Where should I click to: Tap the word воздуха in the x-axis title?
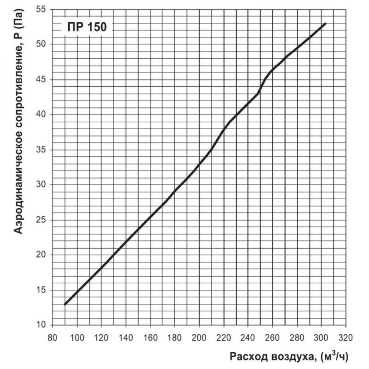[292, 356]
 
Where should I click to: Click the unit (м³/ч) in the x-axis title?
[334, 356]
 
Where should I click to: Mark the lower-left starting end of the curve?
[65, 304]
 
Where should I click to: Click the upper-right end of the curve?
[325, 24]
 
